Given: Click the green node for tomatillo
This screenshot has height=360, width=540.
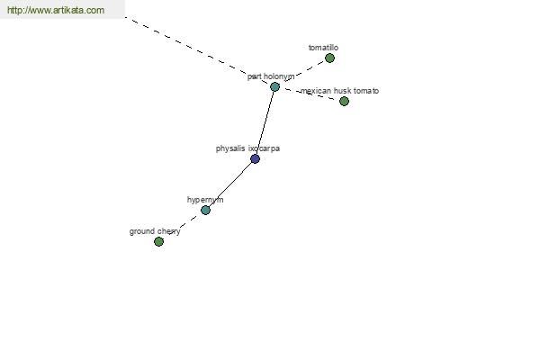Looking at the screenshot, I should tap(329, 58).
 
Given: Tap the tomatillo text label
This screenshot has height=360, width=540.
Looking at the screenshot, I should tap(323, 48).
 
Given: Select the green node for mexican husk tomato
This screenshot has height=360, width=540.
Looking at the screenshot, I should tap(344, 101).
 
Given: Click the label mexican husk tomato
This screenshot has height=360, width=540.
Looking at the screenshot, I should tap(339, 91).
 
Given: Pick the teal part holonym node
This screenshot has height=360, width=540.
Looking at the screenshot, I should tap(274, 86).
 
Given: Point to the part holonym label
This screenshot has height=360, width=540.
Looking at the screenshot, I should tap(270, 76).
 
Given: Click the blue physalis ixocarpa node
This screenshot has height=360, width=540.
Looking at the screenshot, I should tap(255, 158).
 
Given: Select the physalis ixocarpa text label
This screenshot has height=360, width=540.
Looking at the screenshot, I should tap(247, 148).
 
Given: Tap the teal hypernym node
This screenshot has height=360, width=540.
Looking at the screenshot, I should tap(205, 210).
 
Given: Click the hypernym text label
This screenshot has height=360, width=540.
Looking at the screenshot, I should tap(205, 200).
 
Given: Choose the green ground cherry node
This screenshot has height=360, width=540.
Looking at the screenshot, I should tap(158, 241).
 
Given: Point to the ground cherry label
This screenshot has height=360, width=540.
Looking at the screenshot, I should tap(155, 231).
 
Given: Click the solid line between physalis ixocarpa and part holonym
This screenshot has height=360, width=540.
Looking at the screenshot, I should tap(265, 122).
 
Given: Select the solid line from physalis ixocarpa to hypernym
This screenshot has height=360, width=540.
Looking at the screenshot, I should tap(230, 184).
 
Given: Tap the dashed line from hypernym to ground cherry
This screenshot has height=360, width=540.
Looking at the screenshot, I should tap(182, 225).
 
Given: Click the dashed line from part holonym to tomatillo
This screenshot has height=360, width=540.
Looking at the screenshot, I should tap(306, 70).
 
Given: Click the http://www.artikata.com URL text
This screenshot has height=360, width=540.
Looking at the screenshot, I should tap(55, 11).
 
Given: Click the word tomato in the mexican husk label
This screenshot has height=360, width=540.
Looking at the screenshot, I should tap(365, 91).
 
